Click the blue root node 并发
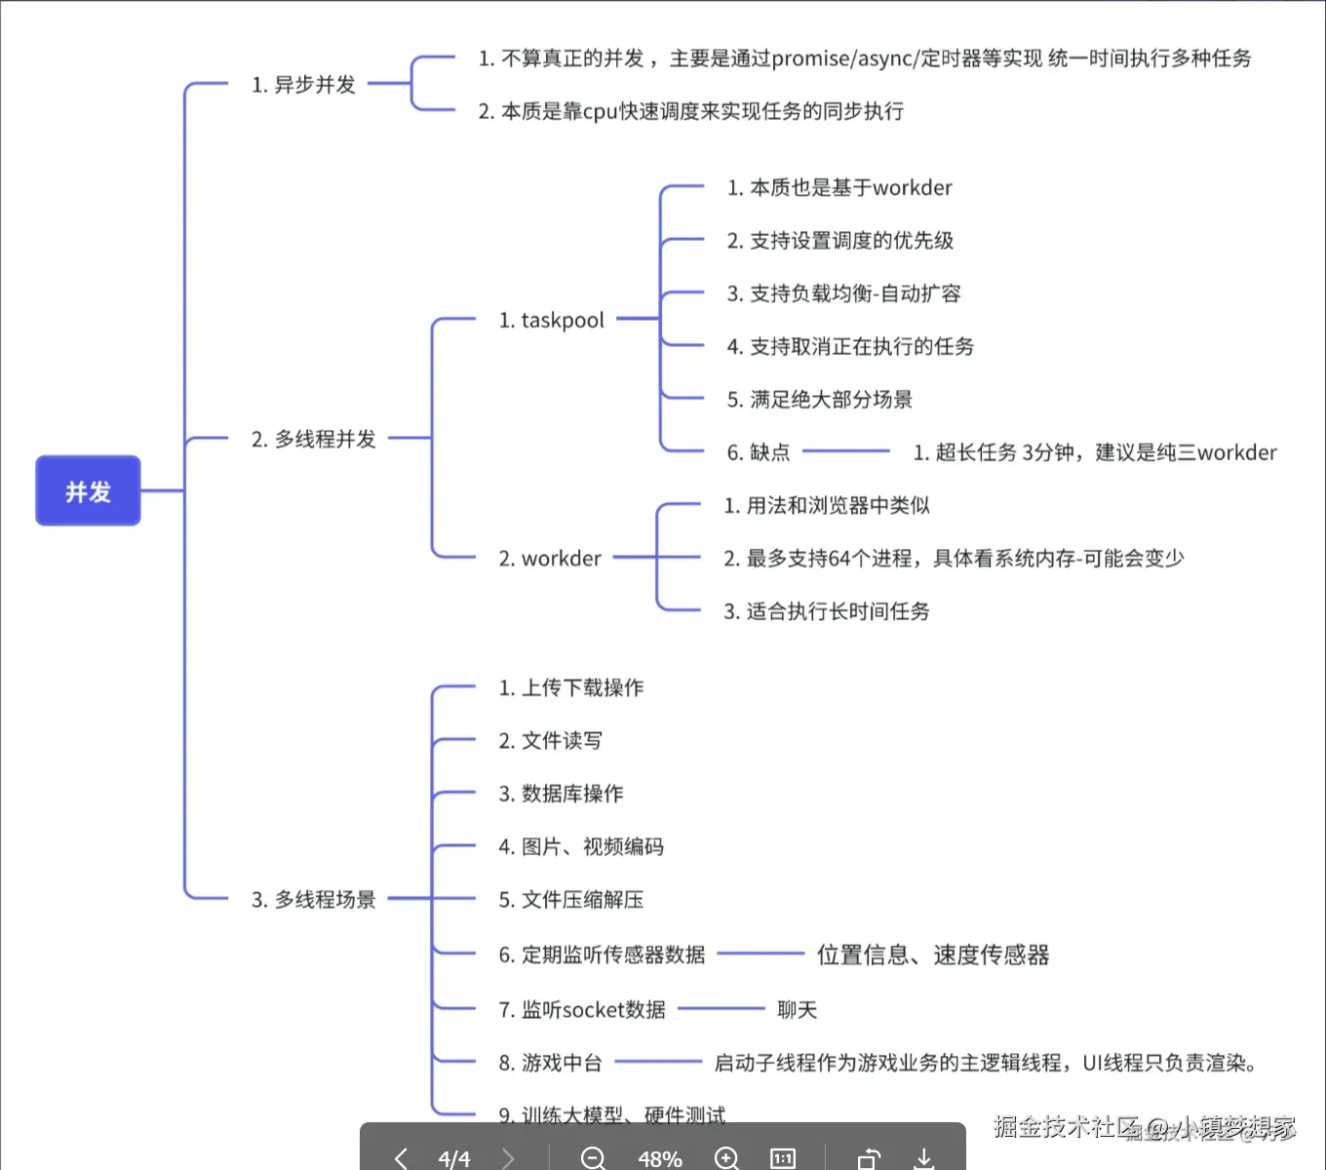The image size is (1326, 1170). (88, 490)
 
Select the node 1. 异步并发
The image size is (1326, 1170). (303, 85)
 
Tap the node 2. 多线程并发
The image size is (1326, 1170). (313, 439)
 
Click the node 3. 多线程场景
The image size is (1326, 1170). (313, 899)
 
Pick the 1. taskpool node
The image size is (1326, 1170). (551, 320)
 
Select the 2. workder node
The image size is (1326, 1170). (550, 559)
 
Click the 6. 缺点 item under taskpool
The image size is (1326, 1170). (759, 452)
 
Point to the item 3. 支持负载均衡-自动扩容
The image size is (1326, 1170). (843, 293)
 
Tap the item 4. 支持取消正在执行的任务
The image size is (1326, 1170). (850, 346)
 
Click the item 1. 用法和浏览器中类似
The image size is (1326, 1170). (826, 505)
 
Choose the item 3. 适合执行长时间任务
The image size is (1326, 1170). (826, 611)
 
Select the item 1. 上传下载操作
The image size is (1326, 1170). (570, 687)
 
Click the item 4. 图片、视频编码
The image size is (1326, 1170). (581, 846)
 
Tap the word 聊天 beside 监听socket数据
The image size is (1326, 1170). (797, 1010)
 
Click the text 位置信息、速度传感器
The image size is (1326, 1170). (933, 955)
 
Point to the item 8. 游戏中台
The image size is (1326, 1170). (550, 1063)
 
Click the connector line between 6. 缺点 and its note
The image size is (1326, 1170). (845, 451)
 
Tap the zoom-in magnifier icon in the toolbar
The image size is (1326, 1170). (726, 1157)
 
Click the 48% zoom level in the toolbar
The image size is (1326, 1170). (659, 1158)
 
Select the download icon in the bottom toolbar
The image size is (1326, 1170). (923, 1157)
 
